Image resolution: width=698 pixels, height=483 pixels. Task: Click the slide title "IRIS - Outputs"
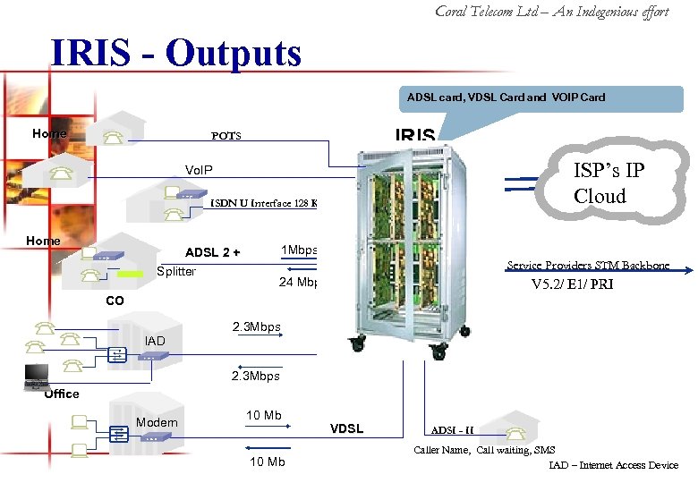point(176,54)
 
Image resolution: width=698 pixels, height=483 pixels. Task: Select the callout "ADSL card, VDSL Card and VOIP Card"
point(506,97)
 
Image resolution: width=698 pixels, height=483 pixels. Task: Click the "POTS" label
point(226,136)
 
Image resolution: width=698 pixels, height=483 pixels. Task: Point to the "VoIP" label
point(199,170)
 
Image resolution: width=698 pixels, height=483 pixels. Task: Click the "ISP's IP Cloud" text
point(610,183)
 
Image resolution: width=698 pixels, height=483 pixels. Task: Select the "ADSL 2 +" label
point(212,252)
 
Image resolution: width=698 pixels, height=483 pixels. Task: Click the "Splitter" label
point(175,272)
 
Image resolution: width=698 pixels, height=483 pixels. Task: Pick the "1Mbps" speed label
point(299,250)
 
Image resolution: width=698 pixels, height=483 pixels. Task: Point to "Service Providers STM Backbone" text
point(587,266)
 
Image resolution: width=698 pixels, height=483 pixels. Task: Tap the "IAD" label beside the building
point(154,341)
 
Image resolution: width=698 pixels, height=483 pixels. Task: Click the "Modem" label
point(157,422)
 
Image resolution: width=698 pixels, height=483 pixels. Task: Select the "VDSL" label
point(346,428)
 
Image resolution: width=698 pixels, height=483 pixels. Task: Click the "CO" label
point(115,301)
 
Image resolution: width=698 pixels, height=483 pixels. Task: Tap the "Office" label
point(62,394)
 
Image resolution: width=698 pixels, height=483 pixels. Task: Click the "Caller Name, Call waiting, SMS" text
point(484,450)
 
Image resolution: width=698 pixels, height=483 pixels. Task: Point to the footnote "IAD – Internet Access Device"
point(614,465)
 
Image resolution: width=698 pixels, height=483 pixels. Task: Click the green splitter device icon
point(130,274)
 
